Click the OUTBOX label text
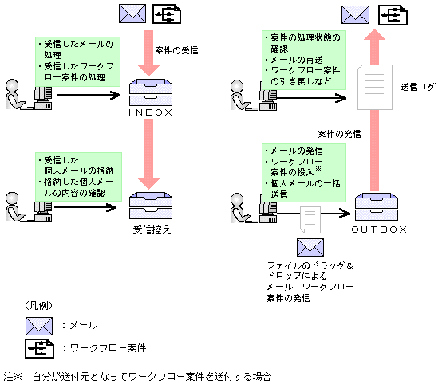[x=380, y=229]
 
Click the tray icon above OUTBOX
[x=379, y=208]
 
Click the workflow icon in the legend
[x=39, y=348]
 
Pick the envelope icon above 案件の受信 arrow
[x=132, y=14]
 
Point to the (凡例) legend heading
[x=36, y=305]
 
